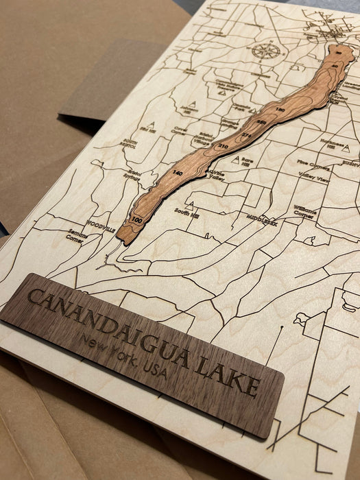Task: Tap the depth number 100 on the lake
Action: [137, 220]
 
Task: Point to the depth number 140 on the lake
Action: [178, 173]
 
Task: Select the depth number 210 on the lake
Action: [222, 146]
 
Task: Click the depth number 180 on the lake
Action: [279, 110]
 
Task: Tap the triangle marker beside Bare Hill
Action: [236, 159]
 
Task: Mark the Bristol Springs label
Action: [132, 176]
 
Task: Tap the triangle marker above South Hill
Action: [189, 204]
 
